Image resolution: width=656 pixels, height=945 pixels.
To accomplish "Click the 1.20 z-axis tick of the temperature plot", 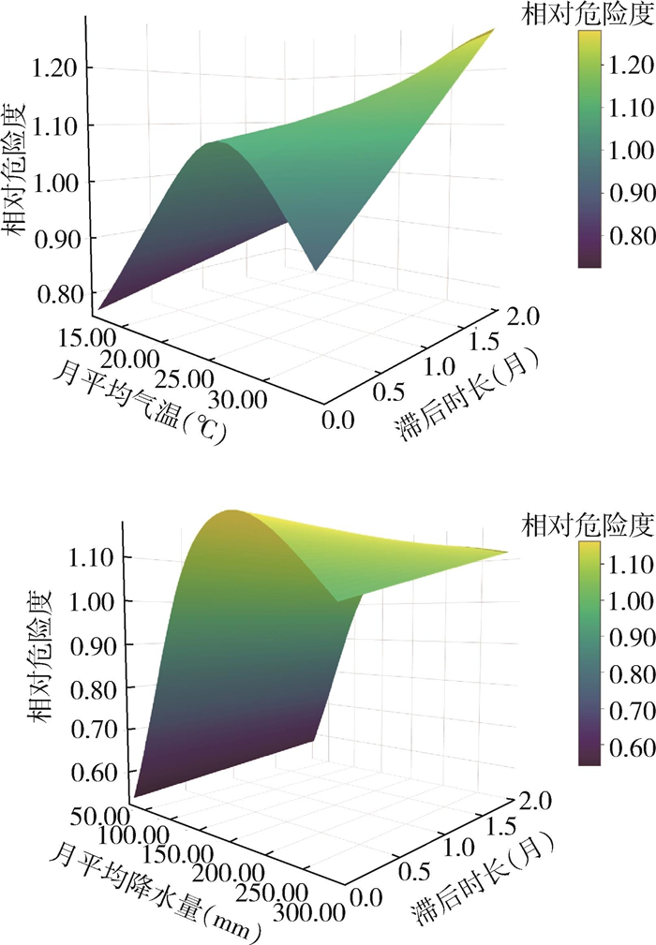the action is coord(55,68).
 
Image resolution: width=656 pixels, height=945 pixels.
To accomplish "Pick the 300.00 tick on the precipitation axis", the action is coord(309,912).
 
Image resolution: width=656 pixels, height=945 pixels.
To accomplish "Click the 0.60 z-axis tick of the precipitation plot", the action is coord(92,773).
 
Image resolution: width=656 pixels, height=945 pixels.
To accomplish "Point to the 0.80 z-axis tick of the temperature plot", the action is coord(59,295).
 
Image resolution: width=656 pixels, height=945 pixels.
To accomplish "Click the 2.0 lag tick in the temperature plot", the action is coord(523,316).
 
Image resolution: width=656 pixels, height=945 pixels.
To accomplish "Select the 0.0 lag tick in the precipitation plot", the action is coord(366,898).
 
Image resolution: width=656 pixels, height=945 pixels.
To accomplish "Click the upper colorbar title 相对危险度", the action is coord(588,14).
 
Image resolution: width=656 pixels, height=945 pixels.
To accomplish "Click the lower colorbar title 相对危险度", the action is coord(588,525).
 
